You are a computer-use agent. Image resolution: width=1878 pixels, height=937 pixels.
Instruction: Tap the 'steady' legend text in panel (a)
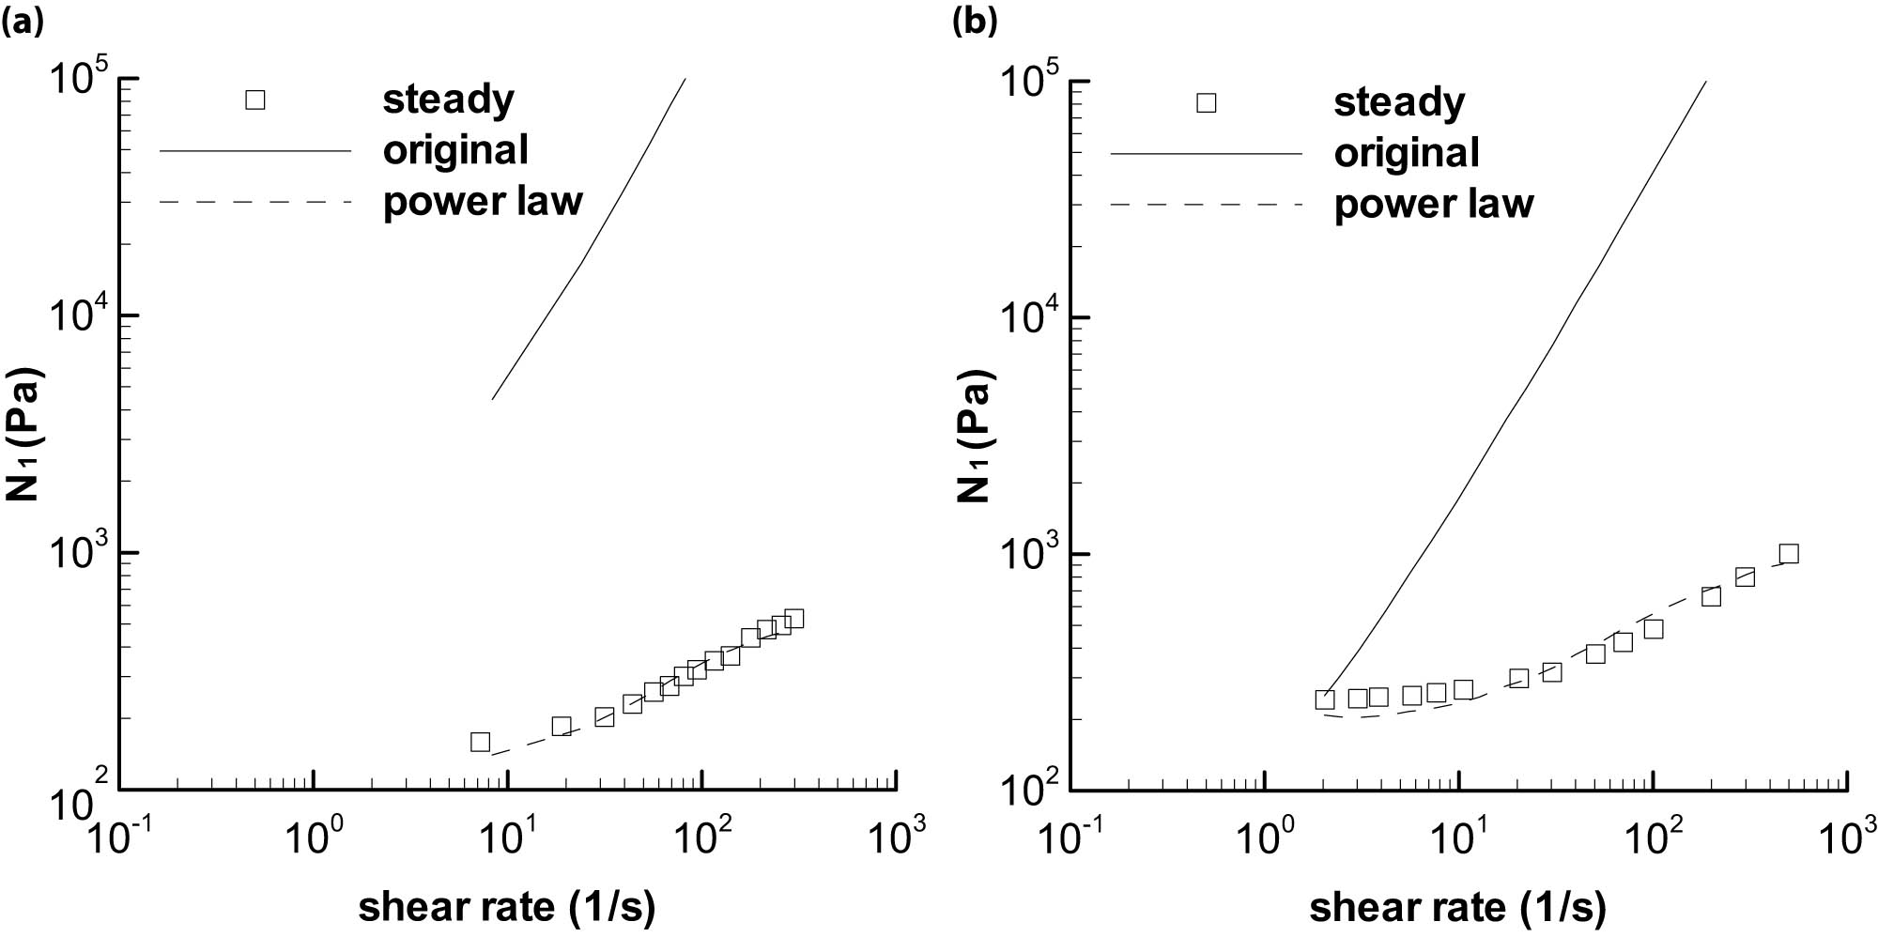(448, 100)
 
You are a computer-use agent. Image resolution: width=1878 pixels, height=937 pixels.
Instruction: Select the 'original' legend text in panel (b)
(1407, 153)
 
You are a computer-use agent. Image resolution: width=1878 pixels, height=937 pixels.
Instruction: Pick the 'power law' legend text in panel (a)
(483, 201)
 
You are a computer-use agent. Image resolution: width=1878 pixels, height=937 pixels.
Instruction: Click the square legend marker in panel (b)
(1207, 102)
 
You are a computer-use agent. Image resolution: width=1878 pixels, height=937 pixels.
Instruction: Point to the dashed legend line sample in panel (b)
(1207, 205)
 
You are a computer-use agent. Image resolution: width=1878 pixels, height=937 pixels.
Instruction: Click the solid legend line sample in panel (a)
(255, 150)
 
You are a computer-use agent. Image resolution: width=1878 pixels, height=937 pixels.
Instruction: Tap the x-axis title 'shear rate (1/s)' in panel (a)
(506, 907)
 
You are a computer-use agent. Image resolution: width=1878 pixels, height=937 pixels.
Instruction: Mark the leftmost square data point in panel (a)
(480, 742)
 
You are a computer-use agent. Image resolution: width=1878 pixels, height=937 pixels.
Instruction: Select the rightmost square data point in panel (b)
(1789, 554)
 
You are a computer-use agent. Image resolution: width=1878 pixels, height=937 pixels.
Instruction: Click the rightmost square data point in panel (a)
(794, 619)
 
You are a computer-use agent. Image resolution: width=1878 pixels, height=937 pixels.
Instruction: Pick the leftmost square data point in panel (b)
(1325, 699)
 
